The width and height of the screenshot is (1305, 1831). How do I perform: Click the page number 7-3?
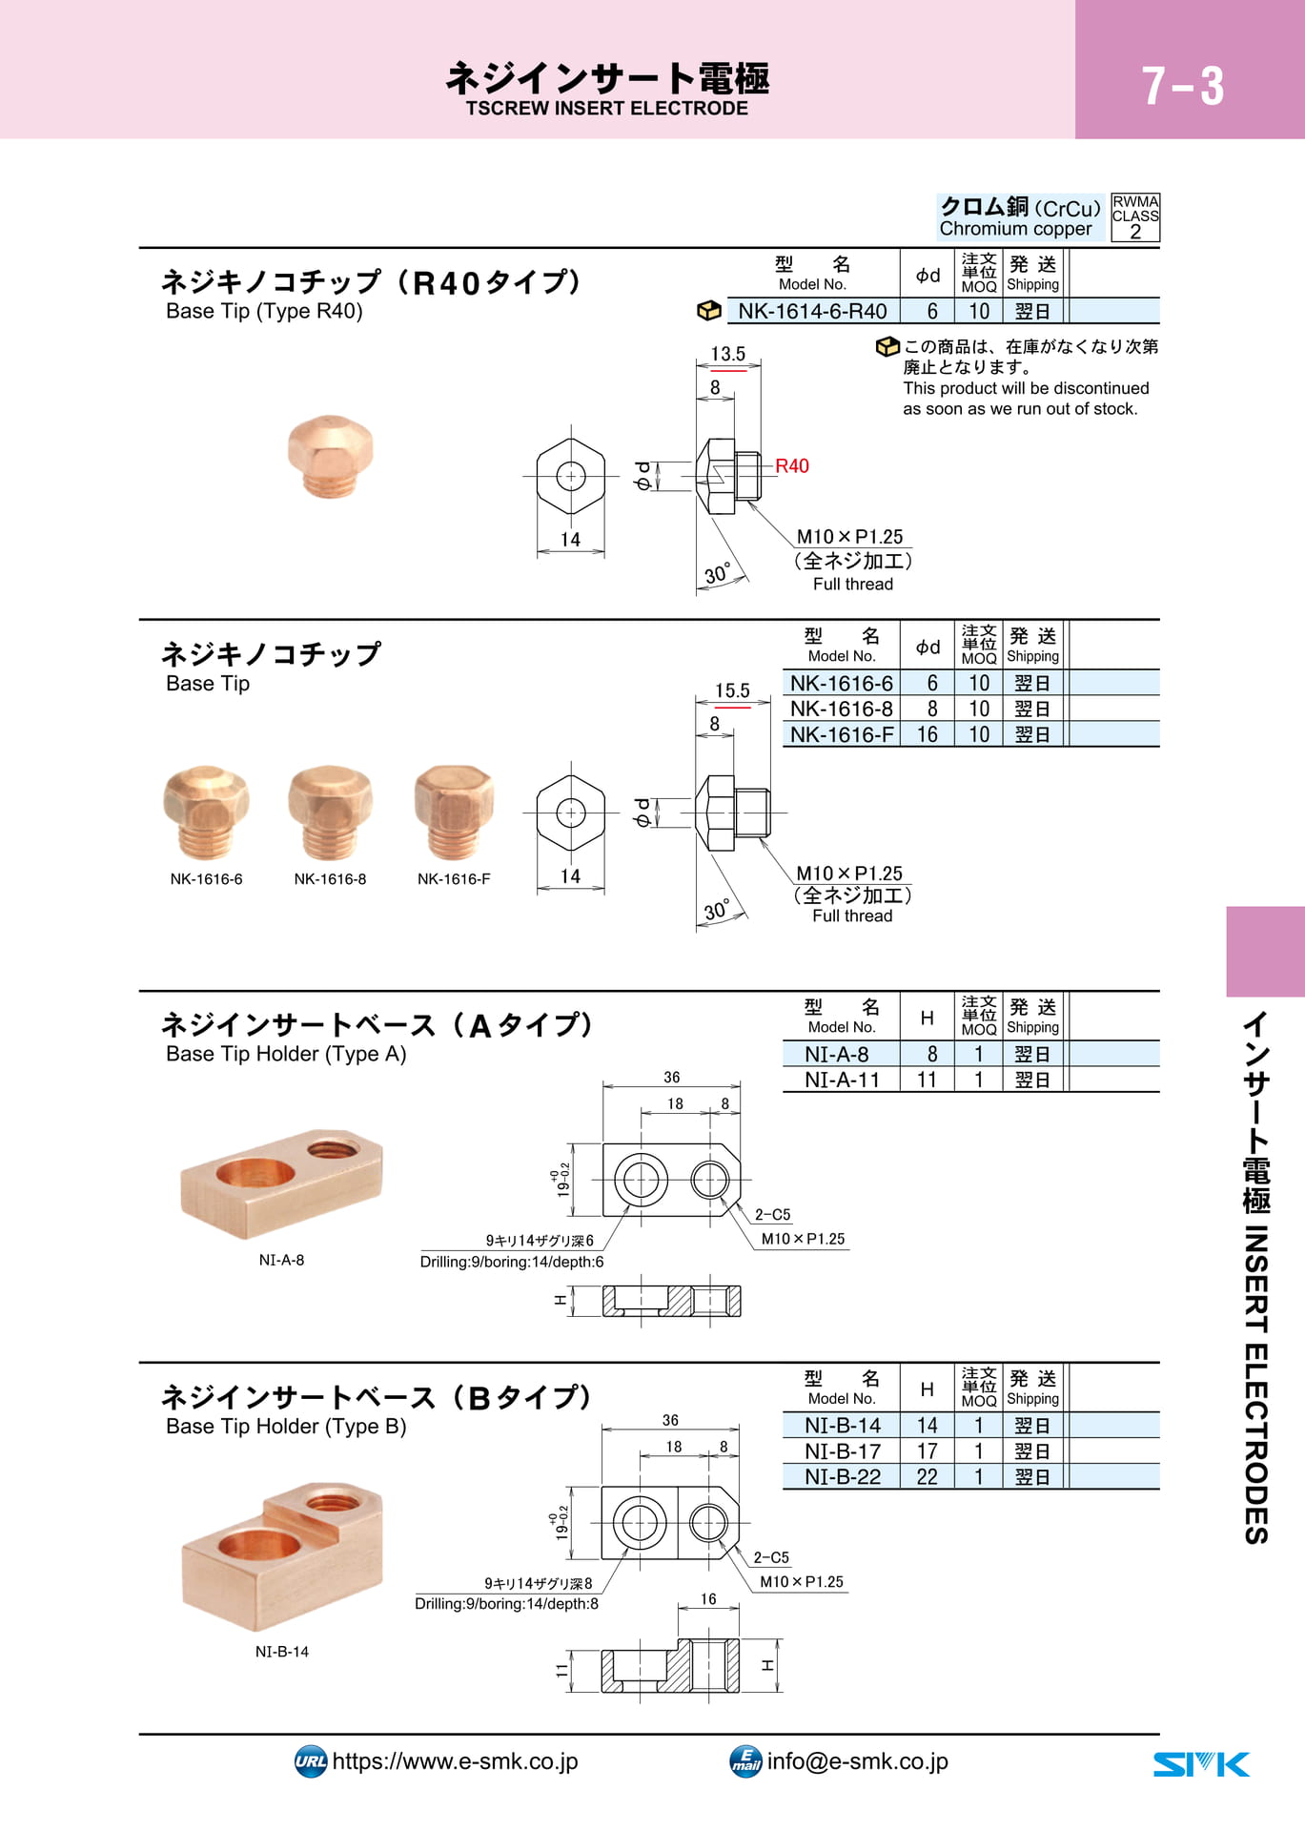point(1182,86)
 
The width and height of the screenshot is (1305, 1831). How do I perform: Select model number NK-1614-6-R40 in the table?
point(812,311)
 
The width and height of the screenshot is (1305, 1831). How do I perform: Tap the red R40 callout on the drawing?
point(791,465)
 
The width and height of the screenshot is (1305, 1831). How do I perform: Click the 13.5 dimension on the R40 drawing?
point(727,354)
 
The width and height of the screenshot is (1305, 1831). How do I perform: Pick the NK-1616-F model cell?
point(842,734)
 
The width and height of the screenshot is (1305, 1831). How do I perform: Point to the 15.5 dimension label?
point(732,690)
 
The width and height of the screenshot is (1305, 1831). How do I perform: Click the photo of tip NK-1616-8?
point(330,812)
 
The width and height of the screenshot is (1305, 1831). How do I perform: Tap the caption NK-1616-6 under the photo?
point(206,879)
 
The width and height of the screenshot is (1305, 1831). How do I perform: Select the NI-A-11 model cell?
point(842,1080)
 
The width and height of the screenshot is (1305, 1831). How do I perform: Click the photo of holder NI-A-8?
point(281,1183)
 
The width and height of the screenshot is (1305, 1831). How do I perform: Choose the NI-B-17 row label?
point(842,1450)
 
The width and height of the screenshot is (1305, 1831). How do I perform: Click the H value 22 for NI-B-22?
point(927,1476)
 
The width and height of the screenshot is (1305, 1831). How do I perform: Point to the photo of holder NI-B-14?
point(281,1554)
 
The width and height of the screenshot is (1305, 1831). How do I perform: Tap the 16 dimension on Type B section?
point(708,1599)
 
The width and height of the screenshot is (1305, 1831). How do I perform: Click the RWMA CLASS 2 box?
point(1135,217)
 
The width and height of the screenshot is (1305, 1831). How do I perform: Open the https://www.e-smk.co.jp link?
point(455,1761)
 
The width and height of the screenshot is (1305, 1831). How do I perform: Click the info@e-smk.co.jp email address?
point(857,1761)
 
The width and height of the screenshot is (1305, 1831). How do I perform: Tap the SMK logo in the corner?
point(1201,1764)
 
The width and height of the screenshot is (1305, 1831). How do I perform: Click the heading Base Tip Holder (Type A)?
point(286,1054)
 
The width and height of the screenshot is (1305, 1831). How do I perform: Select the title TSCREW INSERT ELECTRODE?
point(607,109)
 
